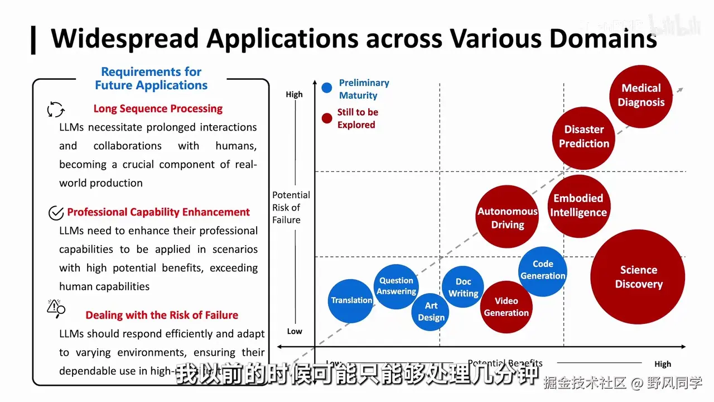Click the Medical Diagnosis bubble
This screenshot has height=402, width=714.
tap(641, 95)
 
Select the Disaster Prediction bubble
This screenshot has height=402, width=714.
tap(584, 137)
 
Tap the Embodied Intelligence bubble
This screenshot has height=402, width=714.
tap(578, 206)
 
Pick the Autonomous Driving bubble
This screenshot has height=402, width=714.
tap(508, 217)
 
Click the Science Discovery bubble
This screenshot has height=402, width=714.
tap(638, 277)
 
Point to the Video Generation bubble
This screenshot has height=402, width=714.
tap(506, 307)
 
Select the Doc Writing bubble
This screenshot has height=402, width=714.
tap(463, 288)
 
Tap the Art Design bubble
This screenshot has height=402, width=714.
tap(431, 312)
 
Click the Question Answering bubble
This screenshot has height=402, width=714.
tap(396, 286)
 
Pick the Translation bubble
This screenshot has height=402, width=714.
tap(351, 300)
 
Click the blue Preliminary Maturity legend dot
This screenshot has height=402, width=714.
tap(327, 88)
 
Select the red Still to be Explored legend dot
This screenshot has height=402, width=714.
tap(327, 118)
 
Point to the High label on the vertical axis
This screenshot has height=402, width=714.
tap(294, 94)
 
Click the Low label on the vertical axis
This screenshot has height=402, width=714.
tap(295, 331)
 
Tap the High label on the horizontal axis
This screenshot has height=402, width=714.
tap(663, 364)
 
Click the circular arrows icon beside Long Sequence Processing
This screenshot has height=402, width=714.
tap(56, 109)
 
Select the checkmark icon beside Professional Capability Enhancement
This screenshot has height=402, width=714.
tap(56, 213)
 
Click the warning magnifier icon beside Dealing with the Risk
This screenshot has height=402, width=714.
tap(56, 308)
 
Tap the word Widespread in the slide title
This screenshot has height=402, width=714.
tap(124, 39)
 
